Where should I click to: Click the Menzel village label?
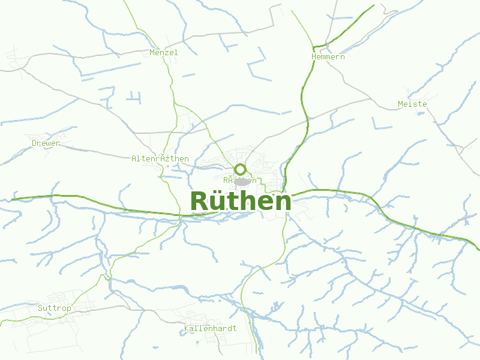(x=164, y=52)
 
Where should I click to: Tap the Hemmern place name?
(x=328, y=56)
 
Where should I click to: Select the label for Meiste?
(x=412, y=104)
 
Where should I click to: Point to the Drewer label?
(x=46, y=143)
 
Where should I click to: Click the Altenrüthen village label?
(x=160, y=159)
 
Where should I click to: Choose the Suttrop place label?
(x=54, y=308)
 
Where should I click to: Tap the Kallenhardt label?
(x=211, y=328)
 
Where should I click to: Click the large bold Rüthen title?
(x=241, y=202)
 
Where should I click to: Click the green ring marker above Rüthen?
(x=241, y=169)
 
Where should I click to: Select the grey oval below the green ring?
(x=242, y=181)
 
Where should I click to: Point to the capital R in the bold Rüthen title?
(x=200, y=202)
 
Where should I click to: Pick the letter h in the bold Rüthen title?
(x=247, y=202)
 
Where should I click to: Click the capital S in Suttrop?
(x=40, y=308)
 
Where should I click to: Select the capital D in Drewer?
(x=34, y=143)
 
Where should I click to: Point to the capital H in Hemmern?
(x=314, y=56)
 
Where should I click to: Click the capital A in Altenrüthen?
(x=134, y=159)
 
